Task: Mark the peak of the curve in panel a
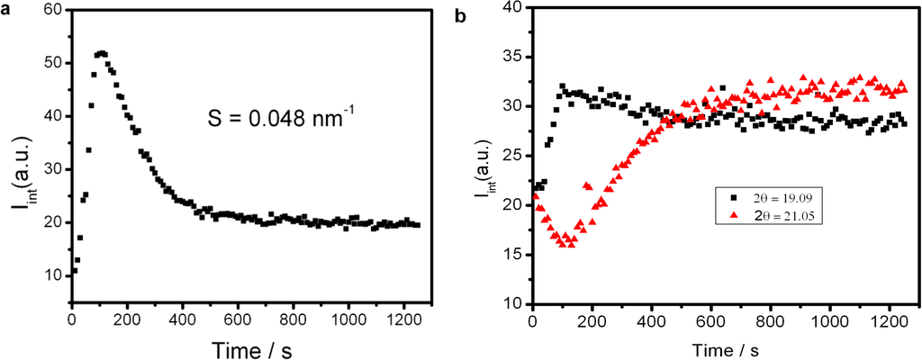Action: point(101,53)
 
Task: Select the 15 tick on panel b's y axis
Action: point(516,255)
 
